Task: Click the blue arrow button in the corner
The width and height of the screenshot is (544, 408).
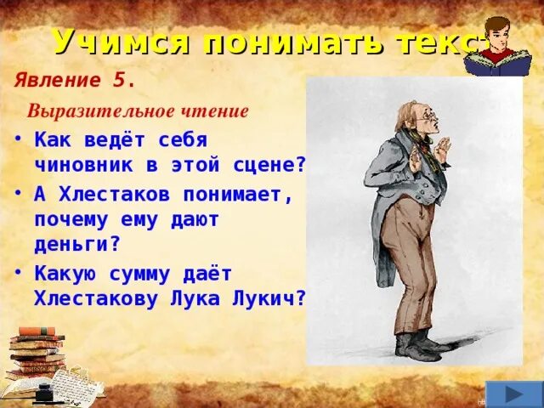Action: [512, 394]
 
